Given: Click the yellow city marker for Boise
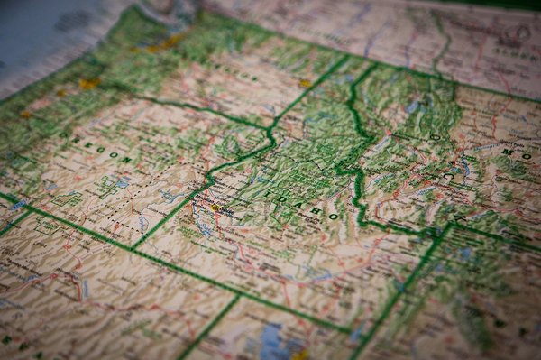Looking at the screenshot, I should click(x=215, y=207).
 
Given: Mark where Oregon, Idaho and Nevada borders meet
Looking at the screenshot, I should click(x=133, y=246).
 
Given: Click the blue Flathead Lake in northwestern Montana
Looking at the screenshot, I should click(x=412, y=106).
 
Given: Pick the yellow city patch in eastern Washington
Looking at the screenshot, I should click(x=305, y=83).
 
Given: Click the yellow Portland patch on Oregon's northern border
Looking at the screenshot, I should click(x=88, y=84).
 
